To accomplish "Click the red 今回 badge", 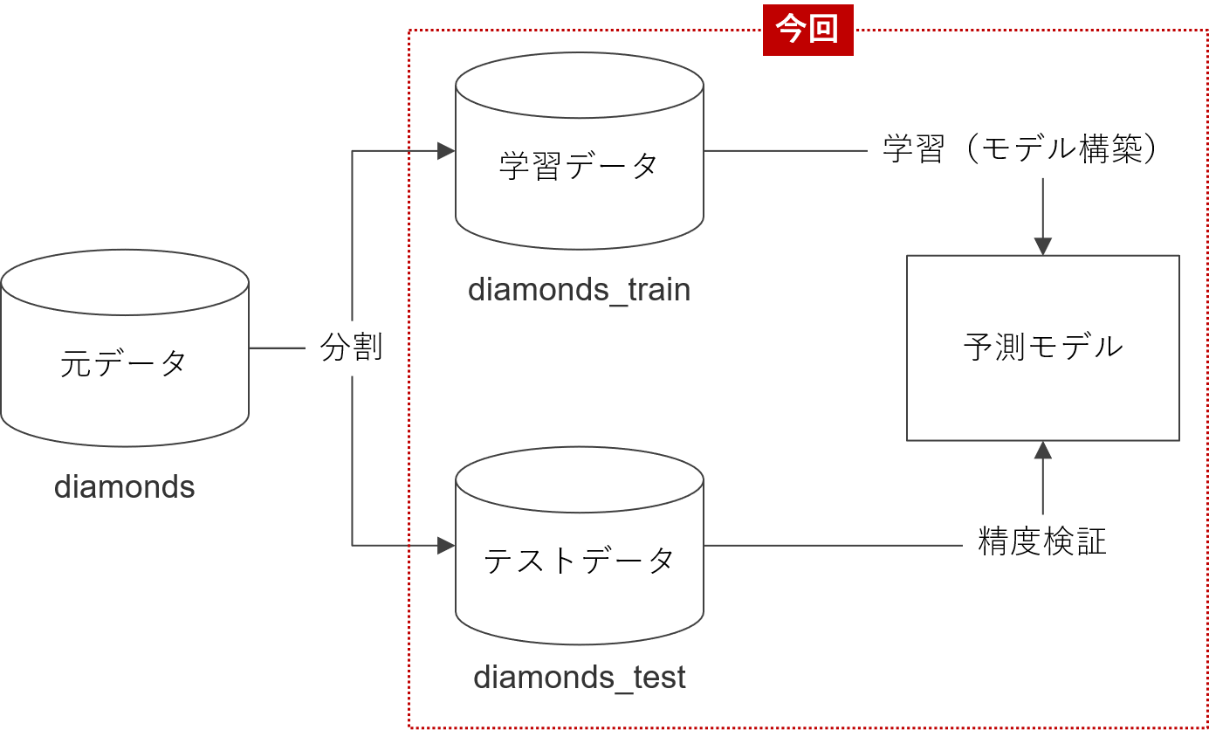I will click(x=807, y=30).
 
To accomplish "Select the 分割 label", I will click(x=352, y=348).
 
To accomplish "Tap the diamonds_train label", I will click(x=579, y=289).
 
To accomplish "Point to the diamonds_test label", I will click(x=579, y=678).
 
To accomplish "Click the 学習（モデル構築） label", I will click(x=1029, y=150).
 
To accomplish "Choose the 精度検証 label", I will click(x=1042, y=542).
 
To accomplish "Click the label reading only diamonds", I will click(x=124, y=486).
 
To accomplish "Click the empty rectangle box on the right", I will click(x=1042, y=348).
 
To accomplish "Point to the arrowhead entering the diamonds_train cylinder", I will click(x=446, y=151).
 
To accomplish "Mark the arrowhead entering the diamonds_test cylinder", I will click(x=446, y=546).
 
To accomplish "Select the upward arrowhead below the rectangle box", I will click(x=1042, y=451).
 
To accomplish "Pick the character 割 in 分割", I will click(x=368, y=348).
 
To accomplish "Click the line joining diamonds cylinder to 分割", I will click(x=277, y=348).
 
